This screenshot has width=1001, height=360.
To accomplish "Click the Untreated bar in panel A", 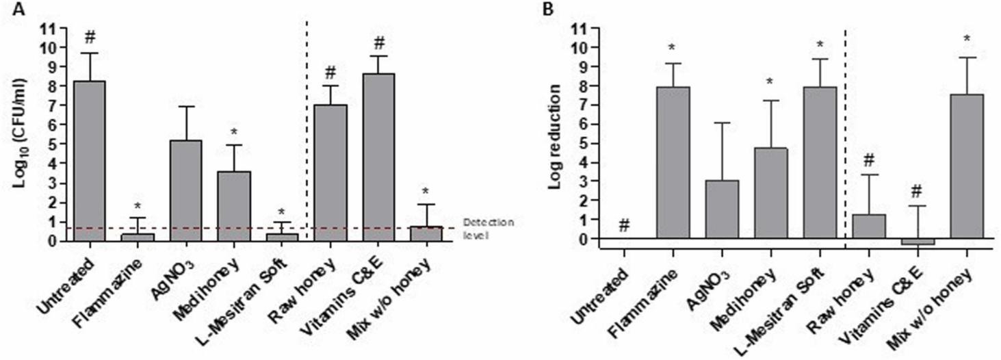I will [x=89, y=161].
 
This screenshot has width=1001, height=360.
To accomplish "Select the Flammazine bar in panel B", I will [x=673, y=163].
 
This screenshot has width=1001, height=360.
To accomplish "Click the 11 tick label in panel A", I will [x=50, y=29].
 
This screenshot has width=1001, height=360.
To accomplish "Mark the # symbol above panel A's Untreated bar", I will [x=90, y=36].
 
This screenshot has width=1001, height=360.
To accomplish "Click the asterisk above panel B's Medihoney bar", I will [x=770, y=82].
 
